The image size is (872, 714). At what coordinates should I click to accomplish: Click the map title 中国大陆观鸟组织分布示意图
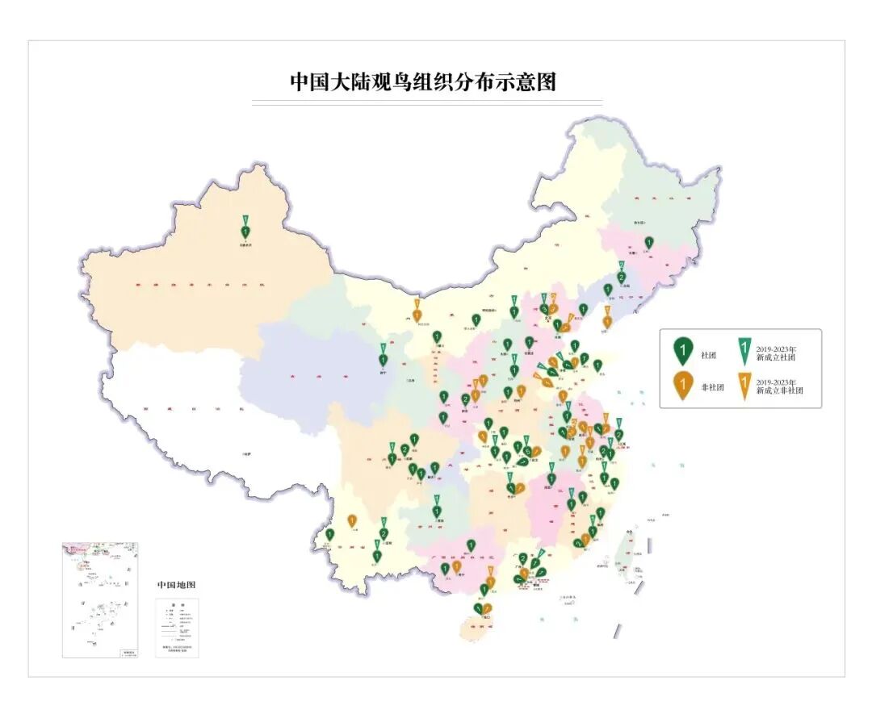click(423, 82)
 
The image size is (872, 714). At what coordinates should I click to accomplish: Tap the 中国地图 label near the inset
click(176, 585)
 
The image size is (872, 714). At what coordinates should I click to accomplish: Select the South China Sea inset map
click(100, 599)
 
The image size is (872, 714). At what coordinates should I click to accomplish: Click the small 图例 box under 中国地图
click(177, 628)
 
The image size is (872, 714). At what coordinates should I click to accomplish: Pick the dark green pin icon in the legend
click(682, 352)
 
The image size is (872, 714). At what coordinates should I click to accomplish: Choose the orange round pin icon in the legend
click(682, 385)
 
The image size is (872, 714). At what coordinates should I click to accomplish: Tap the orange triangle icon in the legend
click(743, 385)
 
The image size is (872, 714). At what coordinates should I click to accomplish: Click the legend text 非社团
click(712, 388)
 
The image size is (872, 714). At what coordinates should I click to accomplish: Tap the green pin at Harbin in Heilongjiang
click(648, 242)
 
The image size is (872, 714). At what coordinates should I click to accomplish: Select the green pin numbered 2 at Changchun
click(621, 278)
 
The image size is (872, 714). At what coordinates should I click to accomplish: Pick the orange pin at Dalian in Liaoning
click(607, 322)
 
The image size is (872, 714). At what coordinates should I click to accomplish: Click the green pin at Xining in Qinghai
click(384, 360)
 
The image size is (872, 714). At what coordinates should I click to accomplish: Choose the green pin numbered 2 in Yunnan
click(384, 533)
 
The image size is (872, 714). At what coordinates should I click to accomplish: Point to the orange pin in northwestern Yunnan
click(352, 521)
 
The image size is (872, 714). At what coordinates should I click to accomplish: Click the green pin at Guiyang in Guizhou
click(437, 511)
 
